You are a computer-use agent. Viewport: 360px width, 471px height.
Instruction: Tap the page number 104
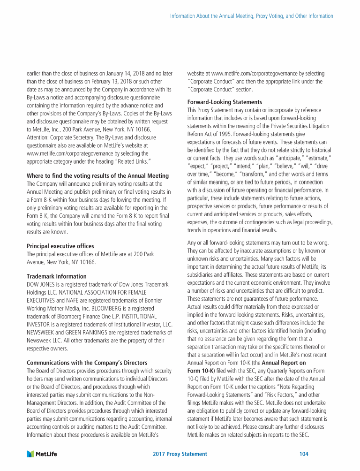[304, 454]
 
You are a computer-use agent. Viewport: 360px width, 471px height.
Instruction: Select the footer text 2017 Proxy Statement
[180, 454]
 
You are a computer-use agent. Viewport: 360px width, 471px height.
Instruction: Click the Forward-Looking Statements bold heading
[218, 102]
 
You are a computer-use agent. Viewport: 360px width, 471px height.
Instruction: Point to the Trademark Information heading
[56, 276]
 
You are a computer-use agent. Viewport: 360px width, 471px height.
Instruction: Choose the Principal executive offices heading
[60, 246]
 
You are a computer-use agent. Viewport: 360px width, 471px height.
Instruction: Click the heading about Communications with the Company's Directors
[87, 362]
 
